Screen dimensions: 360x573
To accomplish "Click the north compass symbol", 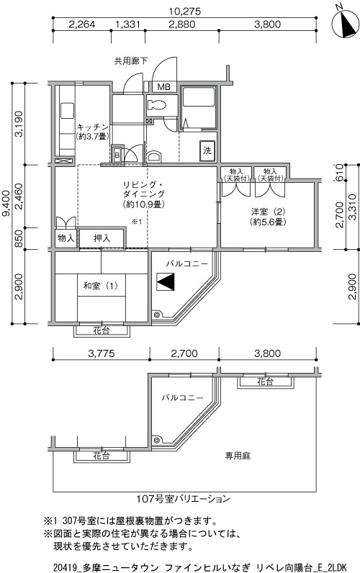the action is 345,22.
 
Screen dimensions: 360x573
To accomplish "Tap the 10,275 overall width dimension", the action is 185,12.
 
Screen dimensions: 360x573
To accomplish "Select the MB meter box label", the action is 163,87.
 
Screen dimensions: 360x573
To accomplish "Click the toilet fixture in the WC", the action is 157,105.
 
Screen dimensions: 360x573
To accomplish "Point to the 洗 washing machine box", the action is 207,150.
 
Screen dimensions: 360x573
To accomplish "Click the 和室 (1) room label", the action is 101,285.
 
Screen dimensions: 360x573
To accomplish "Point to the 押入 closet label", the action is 102,238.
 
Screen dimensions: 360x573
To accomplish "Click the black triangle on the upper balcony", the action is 166,281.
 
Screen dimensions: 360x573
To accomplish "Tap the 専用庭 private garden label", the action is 238,456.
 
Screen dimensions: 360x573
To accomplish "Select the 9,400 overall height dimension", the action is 6,203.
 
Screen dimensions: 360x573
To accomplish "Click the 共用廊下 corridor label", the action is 131,61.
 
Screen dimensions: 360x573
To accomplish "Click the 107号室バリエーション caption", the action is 183,498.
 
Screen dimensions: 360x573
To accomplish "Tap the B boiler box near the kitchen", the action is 117,155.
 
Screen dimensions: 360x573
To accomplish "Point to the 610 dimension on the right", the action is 339,173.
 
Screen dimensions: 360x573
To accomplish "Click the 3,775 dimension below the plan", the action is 102,353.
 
